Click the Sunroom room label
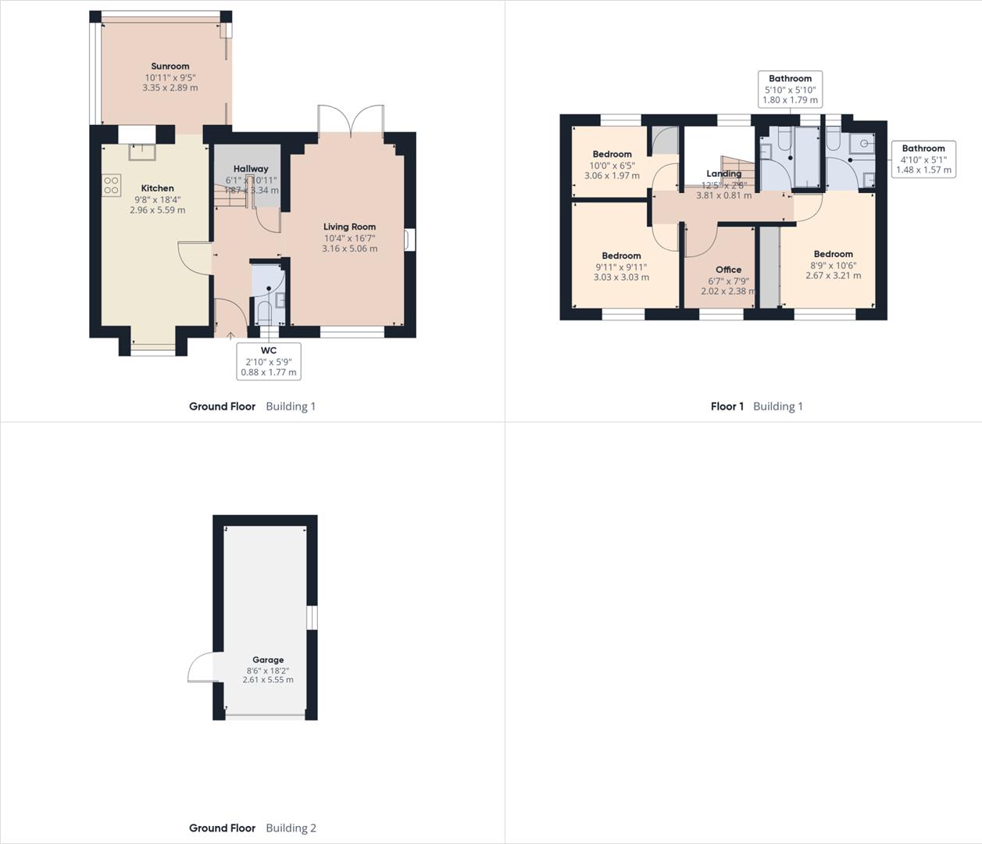170,66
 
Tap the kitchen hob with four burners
111,185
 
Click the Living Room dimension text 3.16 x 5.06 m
349,249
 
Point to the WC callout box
268,361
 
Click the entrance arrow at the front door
230,336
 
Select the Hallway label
250,169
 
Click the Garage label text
268,660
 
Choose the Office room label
728,270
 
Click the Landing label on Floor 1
723,173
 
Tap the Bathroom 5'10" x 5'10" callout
790,89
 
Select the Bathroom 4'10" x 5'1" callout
923,159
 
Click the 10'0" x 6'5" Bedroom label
612,154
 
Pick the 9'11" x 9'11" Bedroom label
621,256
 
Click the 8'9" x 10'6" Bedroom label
833,254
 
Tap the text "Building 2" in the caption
291,828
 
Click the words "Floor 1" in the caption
727,406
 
